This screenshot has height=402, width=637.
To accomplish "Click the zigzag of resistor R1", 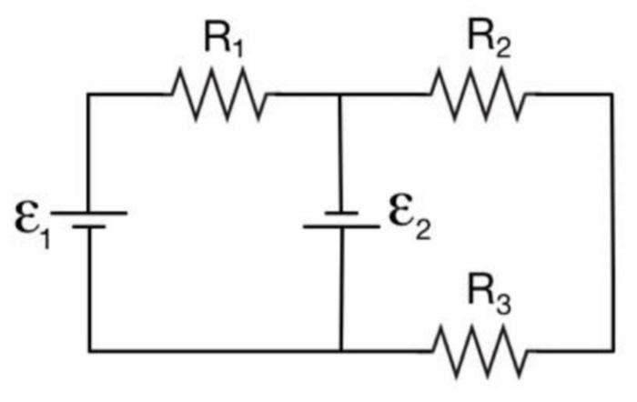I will [x=218, y=95].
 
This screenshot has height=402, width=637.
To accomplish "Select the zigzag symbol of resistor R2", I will [x=478, y=95].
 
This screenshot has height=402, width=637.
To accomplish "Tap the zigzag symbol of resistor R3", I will [x=479, y=351].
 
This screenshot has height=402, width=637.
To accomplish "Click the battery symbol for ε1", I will [x=88, y=217].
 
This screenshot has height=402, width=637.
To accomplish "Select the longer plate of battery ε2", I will [x=340, y=224].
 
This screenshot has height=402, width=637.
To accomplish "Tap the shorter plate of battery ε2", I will [x=340, y=210].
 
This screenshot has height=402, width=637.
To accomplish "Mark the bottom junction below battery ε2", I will [x=340, y=350].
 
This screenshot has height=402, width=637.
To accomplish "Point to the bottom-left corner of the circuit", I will [x=89, y=350].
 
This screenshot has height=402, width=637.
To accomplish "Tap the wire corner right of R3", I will [x=612, y=350].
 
